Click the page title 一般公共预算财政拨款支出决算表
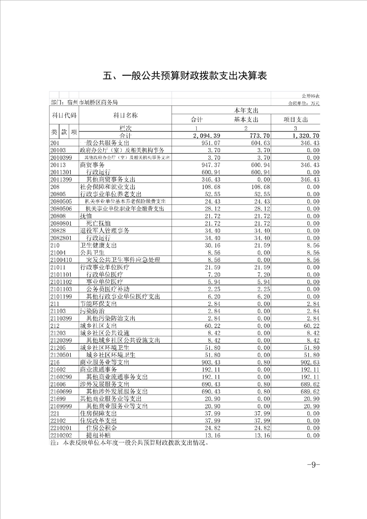point(185,75)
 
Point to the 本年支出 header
point(246,111)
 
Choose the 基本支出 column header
point(246,119)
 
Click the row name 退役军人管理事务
point(105,230)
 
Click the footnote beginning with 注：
point(130,443)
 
